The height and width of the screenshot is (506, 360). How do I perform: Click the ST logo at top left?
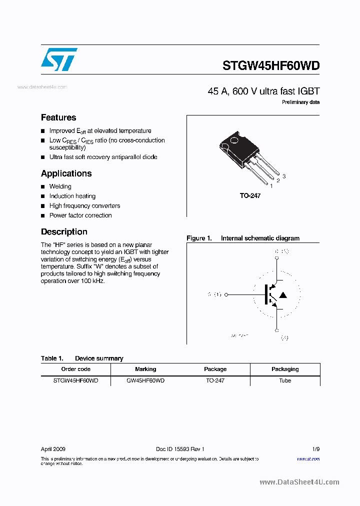click(x=59, y=59)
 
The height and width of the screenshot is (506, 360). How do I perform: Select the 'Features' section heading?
click(x=58, y=117)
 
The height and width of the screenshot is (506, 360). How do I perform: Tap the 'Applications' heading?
click(x=66, y=173)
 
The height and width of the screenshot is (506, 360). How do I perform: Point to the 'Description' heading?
click(x=64, y=232)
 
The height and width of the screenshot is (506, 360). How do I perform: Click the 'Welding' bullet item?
click(x=60, y=186)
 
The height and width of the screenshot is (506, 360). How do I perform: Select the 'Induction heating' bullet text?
click(x=72, y=196)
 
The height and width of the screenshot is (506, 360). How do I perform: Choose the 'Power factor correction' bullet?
click(x=80, y=215)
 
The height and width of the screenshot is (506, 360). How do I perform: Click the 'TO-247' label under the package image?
click(x=250, y=196)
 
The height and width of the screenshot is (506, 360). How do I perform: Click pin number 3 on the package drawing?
click(x=284, y=176)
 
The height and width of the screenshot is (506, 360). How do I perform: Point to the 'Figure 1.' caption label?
click(x=199, y=238)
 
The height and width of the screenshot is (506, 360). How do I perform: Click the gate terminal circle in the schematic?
click(x=226, y=295)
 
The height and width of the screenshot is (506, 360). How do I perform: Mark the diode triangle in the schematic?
click(x=283, y=295)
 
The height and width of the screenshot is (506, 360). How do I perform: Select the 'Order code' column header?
click(x=75, y=369)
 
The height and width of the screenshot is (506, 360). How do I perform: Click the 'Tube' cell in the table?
click(x=285, y=380)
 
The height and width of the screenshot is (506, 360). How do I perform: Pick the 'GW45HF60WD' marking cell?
click(x=145, y=380)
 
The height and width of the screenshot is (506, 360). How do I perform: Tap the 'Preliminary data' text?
click(x=300, y=102)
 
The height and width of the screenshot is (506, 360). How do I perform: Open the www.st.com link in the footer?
click(x=308, y=458)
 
